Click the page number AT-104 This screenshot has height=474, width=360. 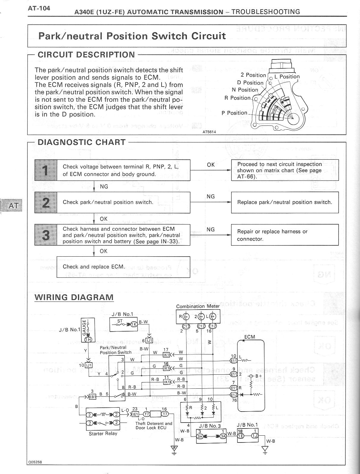[x=39, y=8]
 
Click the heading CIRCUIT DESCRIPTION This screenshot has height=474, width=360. [x=86, y=55]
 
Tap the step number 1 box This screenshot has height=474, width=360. [x=46, y=170]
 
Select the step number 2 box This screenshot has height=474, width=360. [x=46, y=202]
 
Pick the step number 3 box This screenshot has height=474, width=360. [x=46, y=235]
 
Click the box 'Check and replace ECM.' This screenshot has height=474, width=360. [x=123, y=267]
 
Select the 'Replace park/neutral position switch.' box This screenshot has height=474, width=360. [x=285, y=202]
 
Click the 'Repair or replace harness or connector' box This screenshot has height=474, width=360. [x=285, y=235]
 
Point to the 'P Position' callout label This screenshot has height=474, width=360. [x=234, y=113]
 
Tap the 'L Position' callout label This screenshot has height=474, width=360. [x=287, y=76]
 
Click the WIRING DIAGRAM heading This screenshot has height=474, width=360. [x=74, y=297]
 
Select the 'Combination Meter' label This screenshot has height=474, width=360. [x=198, y=306]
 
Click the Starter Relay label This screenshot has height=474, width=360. [x=103, y=434]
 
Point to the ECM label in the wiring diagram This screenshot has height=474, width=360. [x=250, y=337]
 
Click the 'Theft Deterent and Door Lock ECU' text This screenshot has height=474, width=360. [x=154, y=426]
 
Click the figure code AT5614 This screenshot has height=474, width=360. [x=209, y=132]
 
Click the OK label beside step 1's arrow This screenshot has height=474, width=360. [x=211, y=164]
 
